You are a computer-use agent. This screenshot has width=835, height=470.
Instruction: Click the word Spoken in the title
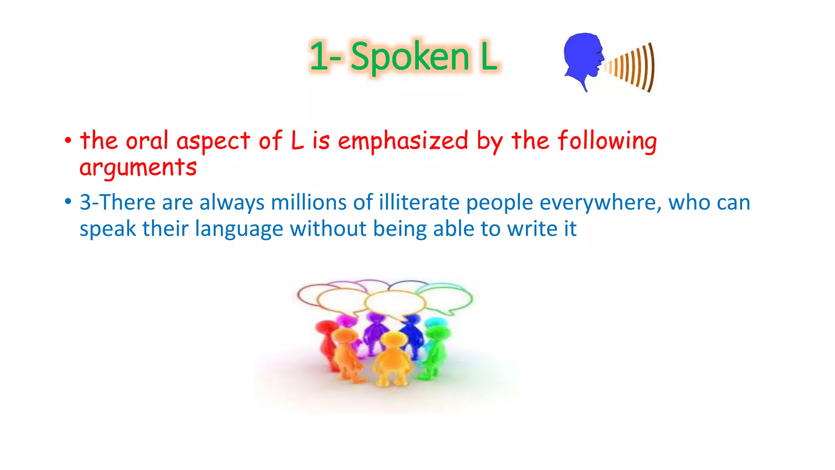(x=410, y=57)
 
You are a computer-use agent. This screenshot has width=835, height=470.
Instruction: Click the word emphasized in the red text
(x=403, y=141)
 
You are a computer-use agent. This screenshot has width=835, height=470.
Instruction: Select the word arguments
(x=138, y=168)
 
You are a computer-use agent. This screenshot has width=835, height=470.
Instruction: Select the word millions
(x=309, y=202)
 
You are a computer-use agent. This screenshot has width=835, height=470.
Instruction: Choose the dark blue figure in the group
(x=412, y=333)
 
